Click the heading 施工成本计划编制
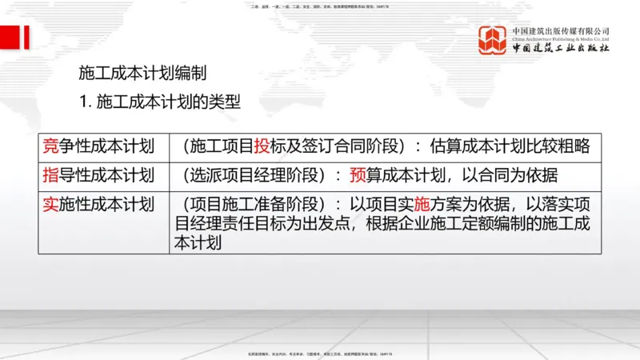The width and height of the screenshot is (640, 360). (142, 74)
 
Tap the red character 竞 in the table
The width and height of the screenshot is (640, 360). (50, 146)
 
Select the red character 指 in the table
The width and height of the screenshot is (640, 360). (50, 175)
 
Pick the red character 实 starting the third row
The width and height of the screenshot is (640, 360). (50, 204)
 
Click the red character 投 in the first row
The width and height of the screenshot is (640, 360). (262, 146)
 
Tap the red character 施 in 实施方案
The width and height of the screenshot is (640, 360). (423, 204)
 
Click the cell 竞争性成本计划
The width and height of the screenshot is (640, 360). (98, 146)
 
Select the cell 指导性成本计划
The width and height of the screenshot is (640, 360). (98, 175)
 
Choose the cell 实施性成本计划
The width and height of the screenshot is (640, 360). (98, 204)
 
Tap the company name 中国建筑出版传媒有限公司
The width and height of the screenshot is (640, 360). (562, 30)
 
